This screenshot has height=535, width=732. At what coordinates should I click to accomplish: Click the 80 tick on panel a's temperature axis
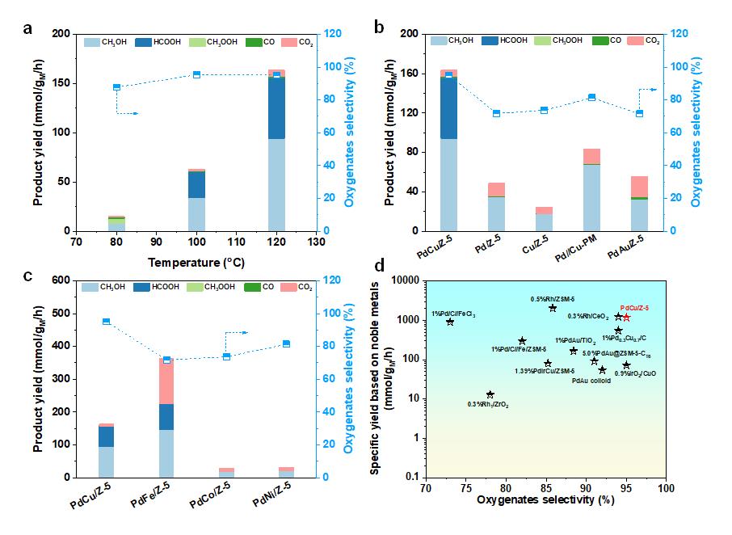(116, 242)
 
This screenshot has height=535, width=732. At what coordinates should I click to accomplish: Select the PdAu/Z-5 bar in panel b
(639, 203)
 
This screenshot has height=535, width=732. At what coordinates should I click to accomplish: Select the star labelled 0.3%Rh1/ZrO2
(490, 394)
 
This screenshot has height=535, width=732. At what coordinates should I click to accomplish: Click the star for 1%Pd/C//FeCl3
(450, 322)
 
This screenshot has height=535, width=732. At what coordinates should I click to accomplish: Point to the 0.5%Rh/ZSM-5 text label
(553, 299)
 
